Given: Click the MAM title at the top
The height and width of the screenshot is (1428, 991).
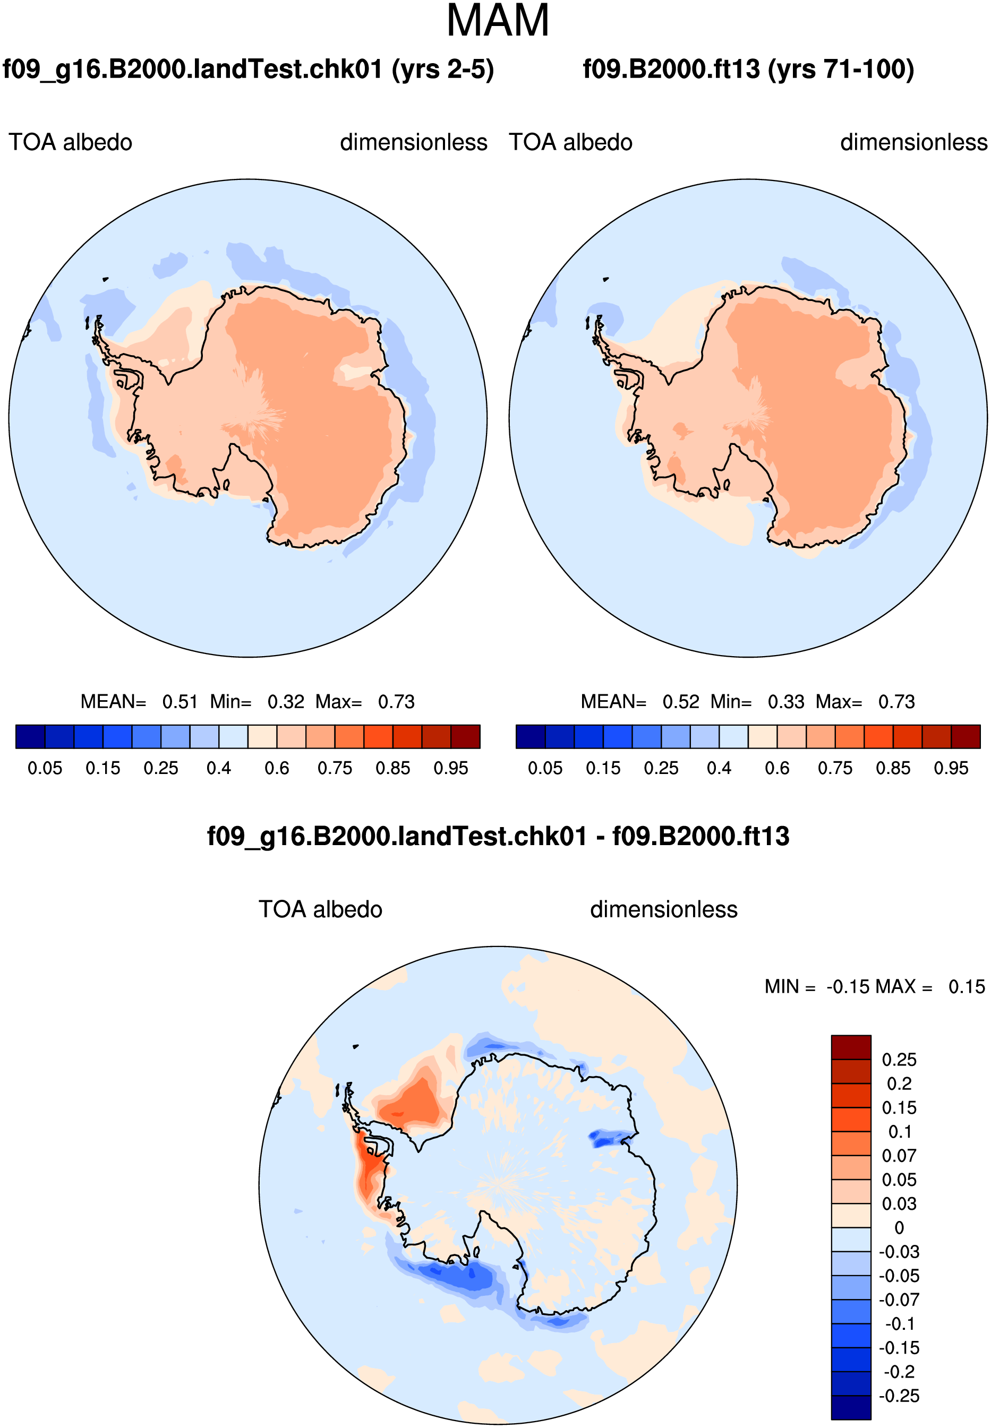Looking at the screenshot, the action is click(498, 21).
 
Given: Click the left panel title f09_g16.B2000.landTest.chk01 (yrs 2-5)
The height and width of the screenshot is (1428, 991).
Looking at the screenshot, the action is click(249, 70).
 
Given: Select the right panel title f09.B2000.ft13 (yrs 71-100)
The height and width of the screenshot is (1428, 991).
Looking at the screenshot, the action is click(748, 69).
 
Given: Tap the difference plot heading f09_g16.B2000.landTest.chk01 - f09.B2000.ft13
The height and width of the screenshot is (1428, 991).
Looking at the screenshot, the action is click(498, 836).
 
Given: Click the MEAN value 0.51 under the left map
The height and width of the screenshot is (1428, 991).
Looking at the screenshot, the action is click(180, 702).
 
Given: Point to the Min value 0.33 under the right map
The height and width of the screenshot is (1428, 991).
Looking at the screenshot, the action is click(786, 702).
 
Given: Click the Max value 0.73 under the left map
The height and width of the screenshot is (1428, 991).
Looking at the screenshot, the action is click(396, 702).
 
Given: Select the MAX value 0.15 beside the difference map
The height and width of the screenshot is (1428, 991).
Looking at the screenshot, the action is click(967, 987).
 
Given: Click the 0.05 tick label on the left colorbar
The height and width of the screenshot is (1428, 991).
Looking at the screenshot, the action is click(45, 768).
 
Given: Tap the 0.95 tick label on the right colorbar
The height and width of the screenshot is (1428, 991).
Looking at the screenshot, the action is click(951, 768).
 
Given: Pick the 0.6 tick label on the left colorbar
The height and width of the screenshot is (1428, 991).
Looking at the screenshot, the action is click(277, 768).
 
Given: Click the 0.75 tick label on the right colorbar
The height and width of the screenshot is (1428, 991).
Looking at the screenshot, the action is click(835, 768).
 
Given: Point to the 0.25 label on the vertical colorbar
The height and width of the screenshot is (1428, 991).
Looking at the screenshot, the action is click(899, 1060).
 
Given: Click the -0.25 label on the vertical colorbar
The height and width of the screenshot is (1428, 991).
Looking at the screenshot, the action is click(899, 1396).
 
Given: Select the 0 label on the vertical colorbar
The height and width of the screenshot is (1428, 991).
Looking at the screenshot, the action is click(899, 1227).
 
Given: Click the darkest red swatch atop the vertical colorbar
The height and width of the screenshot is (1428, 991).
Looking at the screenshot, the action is click(851, 1047).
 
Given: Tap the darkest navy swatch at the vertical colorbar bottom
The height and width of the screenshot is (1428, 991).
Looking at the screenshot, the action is click(851, 1407).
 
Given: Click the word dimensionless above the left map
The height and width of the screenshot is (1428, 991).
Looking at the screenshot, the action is click(414, 143).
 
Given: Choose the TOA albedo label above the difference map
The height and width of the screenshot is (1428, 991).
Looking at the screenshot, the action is click(320, 910).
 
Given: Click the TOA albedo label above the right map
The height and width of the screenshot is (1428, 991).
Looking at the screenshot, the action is click(570, 143).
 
